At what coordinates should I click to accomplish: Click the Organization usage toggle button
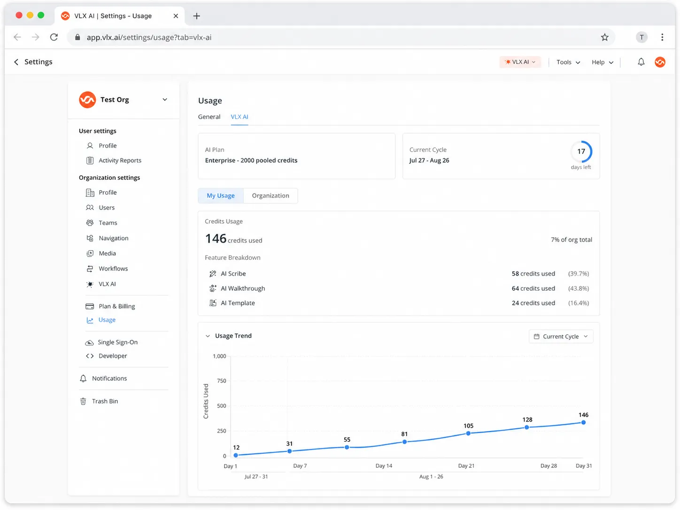coord(270,195)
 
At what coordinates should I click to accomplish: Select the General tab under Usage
coord(209,117)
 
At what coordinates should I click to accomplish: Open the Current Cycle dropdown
coord(561,336)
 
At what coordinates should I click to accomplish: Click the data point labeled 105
coord(468,433)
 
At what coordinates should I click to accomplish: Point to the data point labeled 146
coord(583,422)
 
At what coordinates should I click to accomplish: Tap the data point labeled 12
coord(236,455)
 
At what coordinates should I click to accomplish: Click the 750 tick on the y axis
coord(222,380)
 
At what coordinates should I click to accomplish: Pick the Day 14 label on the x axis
coord(384,466)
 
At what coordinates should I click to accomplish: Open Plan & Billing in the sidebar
coord(116,306)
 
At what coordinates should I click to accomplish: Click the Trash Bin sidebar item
coord(105,401)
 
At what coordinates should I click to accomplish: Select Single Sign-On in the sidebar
coord(117,342)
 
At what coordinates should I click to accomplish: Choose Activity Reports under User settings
coord(120,161)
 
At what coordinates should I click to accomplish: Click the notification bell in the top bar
coord(641,62)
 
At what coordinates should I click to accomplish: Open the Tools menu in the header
coord(568,62)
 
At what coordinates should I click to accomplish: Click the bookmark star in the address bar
coord(604,37)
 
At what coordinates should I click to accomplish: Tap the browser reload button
coord(54,37)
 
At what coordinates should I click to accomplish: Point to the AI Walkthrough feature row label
coord(243,288)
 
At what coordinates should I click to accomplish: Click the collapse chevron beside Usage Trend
coord(208,336)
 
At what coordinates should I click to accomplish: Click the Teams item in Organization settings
coord(108,223)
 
